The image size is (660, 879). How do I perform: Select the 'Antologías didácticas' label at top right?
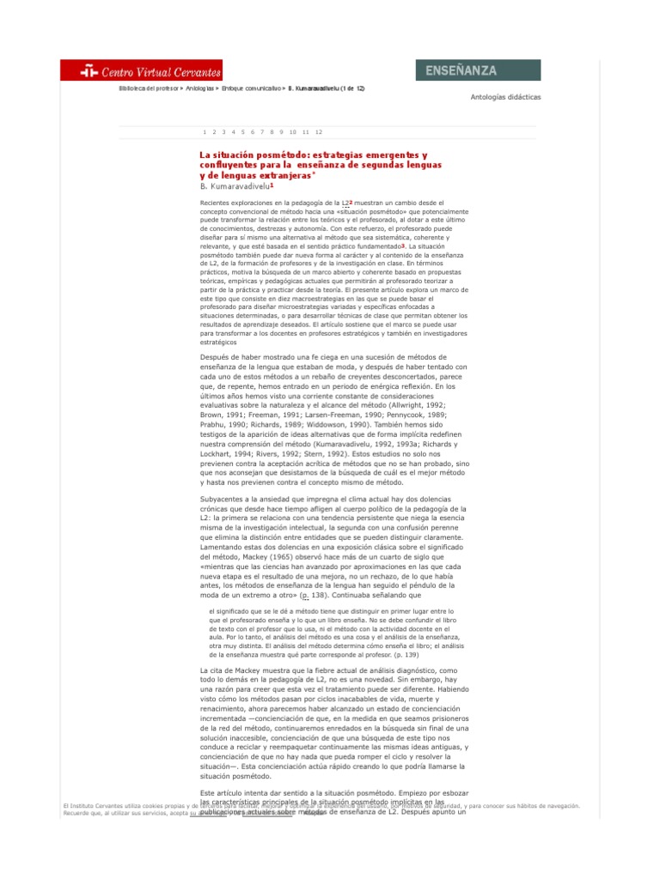(506, 97)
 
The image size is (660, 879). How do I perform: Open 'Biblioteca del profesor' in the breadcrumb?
(148, 88)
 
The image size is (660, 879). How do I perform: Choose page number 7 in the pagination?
(263, 132)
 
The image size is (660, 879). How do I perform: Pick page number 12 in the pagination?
(319, 132)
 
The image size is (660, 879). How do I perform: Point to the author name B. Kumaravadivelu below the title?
(233, 185)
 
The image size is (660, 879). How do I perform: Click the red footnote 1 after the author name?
(272, 184)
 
